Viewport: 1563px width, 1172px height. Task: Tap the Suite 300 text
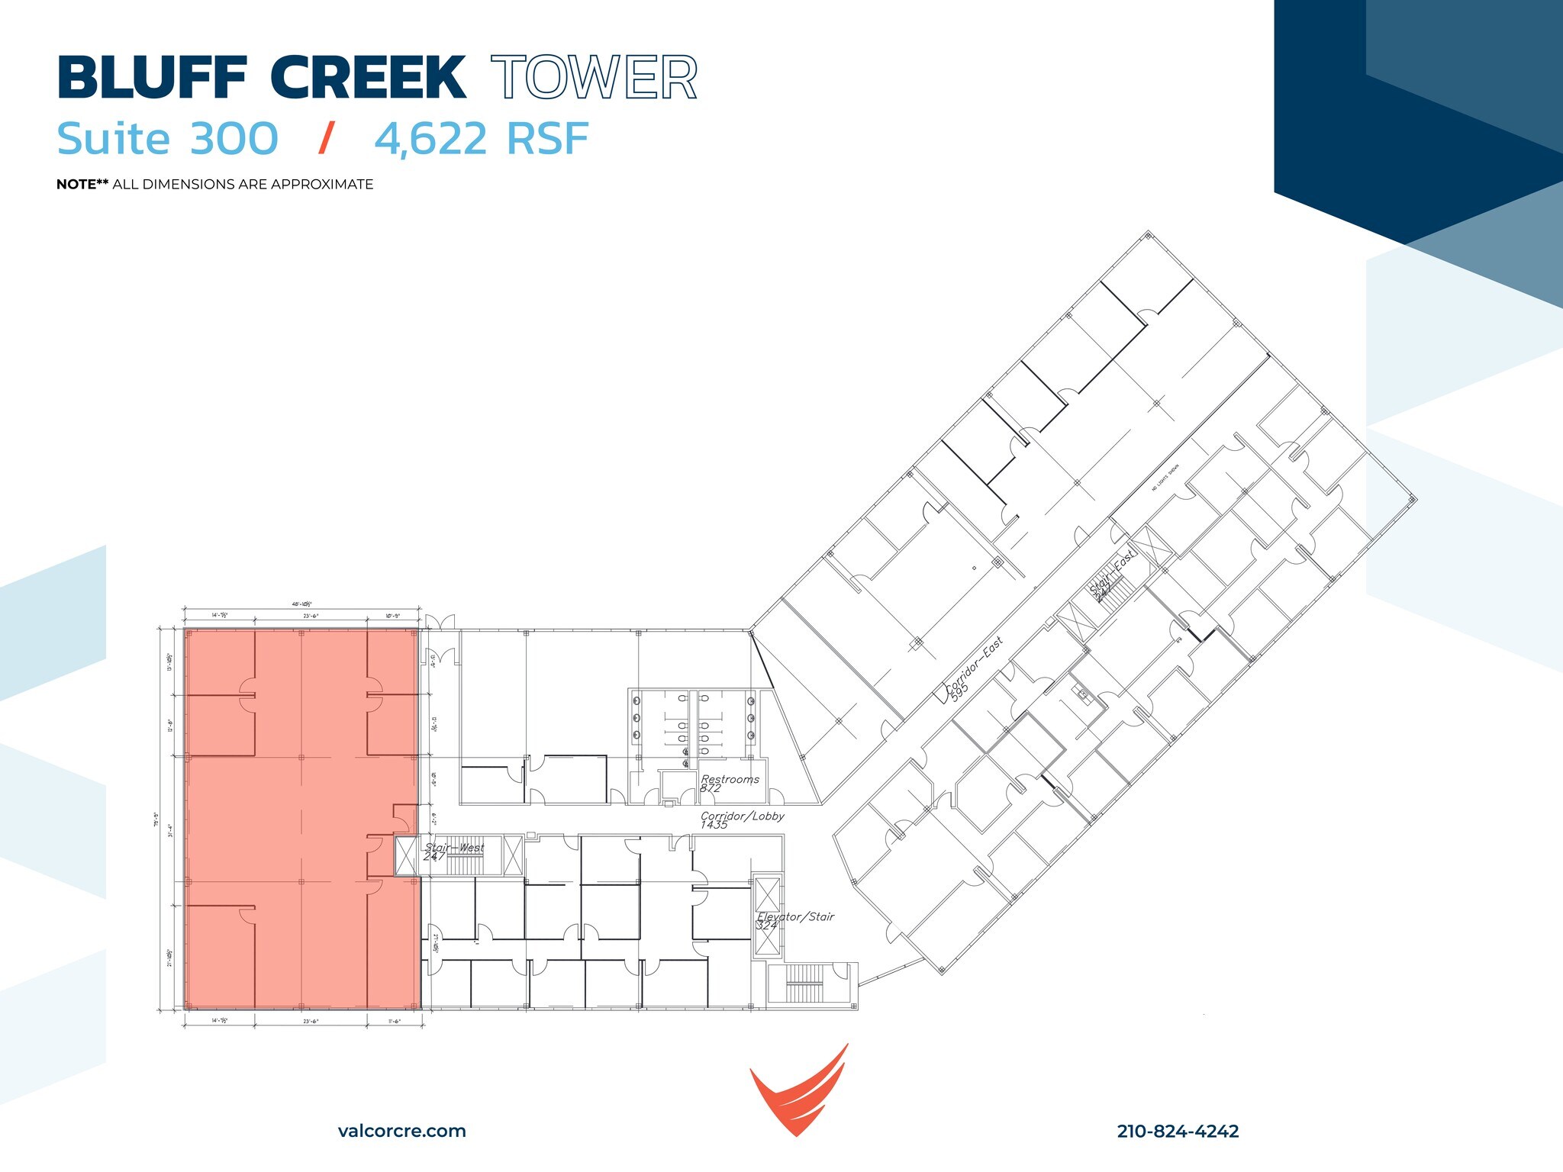click(x=168, y=139)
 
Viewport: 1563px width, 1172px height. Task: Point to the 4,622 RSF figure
click(x=482, y=139)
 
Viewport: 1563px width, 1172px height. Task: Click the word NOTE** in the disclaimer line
click(x=82, y=184)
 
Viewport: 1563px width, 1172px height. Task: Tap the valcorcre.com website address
click(x=401, y=1131)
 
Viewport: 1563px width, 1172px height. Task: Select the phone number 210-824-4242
click(x=1178, y=1131)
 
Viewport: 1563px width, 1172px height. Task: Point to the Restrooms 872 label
click(x=729, y=783)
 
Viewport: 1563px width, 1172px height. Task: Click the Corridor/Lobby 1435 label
click(x=741, y=820)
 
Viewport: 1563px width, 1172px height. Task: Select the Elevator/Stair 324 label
click(x=794, y=920)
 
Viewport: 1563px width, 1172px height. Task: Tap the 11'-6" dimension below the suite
click(x=392, y=1020)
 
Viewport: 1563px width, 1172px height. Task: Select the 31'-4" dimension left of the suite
click(x=170, y=829)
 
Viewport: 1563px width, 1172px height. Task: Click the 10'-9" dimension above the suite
click(x=392, y=615)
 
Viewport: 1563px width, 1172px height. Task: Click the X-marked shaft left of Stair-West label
click(x=406, y=855)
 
